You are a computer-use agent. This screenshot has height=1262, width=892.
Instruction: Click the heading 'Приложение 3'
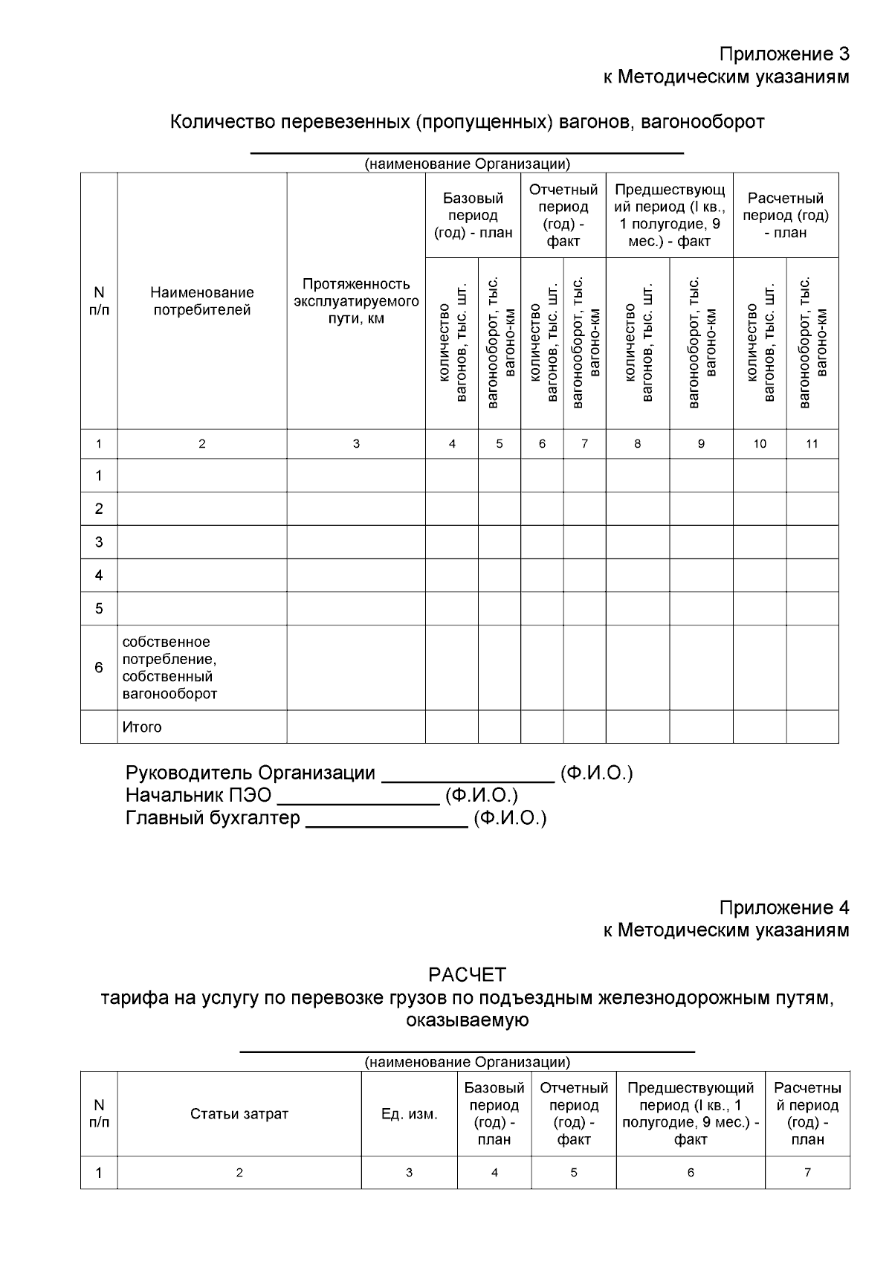point(783,54)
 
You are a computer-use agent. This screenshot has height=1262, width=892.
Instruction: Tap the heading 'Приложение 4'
point(783,907)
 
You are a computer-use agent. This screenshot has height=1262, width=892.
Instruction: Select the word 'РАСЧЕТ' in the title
point(467,974)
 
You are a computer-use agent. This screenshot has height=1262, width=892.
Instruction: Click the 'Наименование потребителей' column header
point(202,301)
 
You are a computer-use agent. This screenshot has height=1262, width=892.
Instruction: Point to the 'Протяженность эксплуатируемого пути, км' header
point(356,301)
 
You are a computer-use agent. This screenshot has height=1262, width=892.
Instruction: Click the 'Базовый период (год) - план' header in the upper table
point(473,216)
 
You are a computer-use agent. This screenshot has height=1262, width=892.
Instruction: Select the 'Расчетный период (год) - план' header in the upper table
point(786,216)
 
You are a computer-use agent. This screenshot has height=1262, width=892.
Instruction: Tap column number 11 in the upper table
point(812,444)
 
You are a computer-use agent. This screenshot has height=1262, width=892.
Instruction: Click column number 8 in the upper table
point(637,444)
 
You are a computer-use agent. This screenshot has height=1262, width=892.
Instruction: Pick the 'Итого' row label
point(142,727)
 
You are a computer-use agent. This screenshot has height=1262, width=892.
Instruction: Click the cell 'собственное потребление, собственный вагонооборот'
point(170,668)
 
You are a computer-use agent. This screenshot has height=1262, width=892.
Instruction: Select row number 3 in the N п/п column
point(99,542)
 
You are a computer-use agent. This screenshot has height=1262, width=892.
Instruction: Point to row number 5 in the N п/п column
point(99,609)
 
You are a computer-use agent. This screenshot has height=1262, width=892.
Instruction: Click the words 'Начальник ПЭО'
point(198,796)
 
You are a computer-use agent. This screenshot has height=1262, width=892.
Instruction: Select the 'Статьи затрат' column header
point(239,1114)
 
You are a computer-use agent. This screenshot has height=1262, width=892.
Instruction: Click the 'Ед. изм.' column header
point(409,1114)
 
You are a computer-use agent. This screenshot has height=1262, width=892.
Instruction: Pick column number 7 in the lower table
point(807,1173)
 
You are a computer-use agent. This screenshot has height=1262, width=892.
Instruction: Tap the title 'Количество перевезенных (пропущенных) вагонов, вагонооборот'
point(467,122)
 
